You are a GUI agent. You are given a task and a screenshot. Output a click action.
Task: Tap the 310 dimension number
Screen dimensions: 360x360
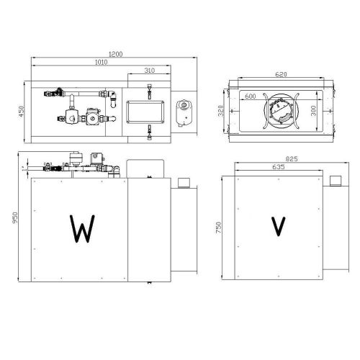click(x=149, y=70)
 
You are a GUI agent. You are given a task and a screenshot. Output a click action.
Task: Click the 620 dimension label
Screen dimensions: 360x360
click(x=282, y=74)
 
